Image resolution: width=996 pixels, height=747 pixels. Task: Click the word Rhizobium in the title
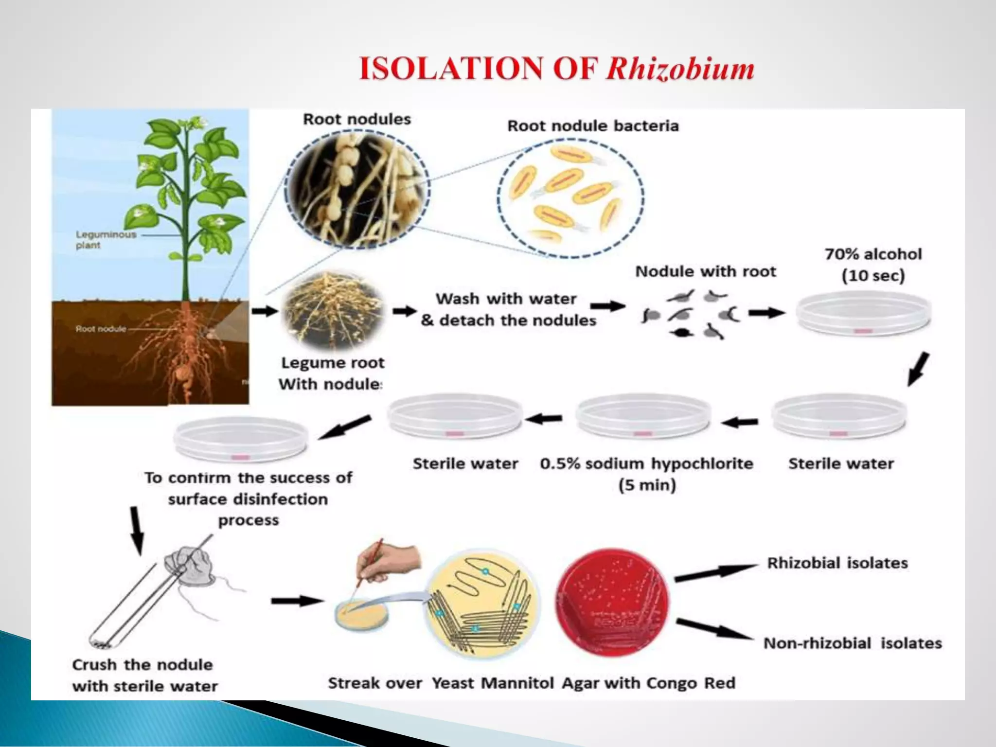point(680,68)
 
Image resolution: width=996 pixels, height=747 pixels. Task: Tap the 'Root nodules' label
point(356,119)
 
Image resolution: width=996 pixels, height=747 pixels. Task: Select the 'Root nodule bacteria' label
point(593,126)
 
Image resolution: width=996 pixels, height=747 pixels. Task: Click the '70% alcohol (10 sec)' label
point(873,265)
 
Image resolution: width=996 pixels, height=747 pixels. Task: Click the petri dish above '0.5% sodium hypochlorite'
point(642,416)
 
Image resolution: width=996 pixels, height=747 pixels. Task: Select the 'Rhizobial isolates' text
point(837,563)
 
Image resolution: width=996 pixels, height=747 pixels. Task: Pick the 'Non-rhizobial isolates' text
point(852,643)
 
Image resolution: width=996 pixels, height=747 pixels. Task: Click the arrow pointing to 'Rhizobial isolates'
point(715,572)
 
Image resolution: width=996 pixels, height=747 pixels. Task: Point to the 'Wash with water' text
point(506,299)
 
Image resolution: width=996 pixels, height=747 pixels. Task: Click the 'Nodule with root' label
point(705,271)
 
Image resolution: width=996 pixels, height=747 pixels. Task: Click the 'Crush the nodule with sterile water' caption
point(144,675)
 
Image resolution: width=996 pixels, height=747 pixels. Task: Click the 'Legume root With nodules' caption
point(332,373)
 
